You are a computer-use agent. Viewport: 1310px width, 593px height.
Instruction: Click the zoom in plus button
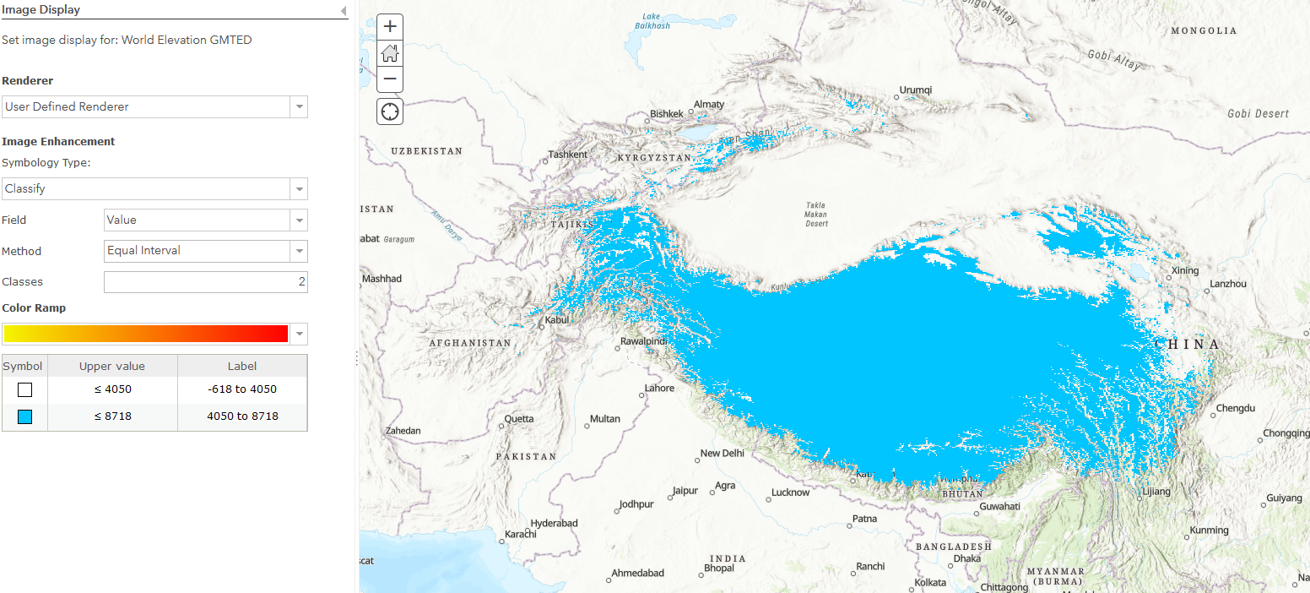pyautogui.click(x=390, y=26)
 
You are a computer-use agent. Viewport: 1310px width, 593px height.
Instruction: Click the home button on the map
pyautogui.click(x=390, y=53)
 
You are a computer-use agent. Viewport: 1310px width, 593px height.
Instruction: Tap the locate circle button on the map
pyautogui.click(x=390, y=111)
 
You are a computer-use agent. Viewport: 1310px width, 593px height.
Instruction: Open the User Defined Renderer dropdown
pyautogui.click(x=154, y=106)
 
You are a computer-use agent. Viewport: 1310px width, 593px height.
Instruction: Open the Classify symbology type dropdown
pyautogui.click(x=154, y=188)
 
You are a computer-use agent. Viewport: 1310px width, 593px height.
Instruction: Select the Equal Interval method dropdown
pyautogui.click(x=205, y=251)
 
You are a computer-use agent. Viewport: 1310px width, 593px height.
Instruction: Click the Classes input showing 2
pyautogui.click(x=205, y=282)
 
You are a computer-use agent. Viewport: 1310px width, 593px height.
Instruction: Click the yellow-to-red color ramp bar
pyautogui.click(x=146, y=334)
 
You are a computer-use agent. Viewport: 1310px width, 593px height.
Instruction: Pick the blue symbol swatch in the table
pyautogui.click(x=24, y=416)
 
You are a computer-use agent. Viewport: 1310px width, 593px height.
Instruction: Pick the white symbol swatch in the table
pyautogui.click(x=24, y=389)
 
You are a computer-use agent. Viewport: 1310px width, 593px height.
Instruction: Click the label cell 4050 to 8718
pyautogui.click(x=242, y=416)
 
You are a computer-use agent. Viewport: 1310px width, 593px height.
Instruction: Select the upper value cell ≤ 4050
pyautogui.click(x=112, y=389)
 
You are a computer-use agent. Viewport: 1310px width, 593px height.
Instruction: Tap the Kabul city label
pyautogui.click(x=557, y=320)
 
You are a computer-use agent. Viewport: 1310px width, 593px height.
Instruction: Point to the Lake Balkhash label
pyautogui.click(x=652, y=21)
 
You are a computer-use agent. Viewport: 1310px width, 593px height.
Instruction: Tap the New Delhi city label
pyautogui.click(x=722, y=454)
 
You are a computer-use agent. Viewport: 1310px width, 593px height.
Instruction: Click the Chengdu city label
pyautogui.click(x=1236, y=409)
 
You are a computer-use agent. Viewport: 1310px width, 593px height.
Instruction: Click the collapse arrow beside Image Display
pyautogui.click(x=344, y=10)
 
